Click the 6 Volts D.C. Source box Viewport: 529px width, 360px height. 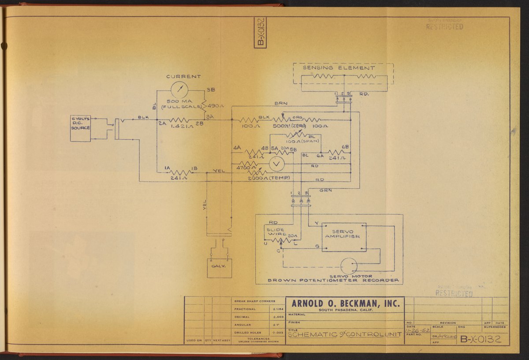(x=80, y=128)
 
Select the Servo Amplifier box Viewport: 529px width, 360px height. (x=344, y=237)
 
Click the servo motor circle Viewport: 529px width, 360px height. (x=349, y=266)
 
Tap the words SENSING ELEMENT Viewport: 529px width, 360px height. (x=339, y=68)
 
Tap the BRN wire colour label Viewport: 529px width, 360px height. (x=280, y=103)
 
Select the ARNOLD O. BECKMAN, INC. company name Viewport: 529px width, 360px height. (x=345, y=303)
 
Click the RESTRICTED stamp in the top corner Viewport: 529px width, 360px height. (x=444, y=26)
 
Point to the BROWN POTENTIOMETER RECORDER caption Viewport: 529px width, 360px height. (x=334, y=280)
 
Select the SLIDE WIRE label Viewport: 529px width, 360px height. (x=276, y=232)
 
